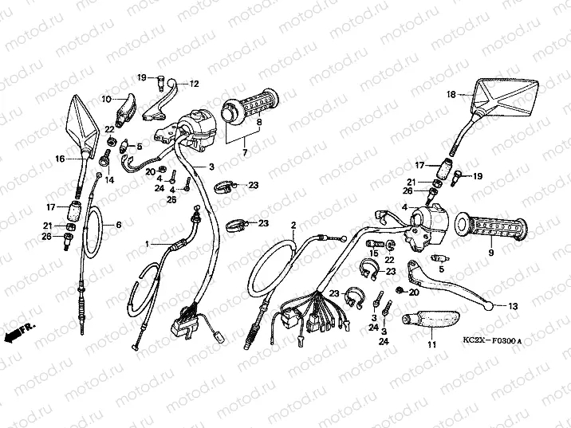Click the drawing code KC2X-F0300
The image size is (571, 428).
[492, 340]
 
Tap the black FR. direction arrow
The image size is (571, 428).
[19, 332]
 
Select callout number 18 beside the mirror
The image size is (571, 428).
[451, 95]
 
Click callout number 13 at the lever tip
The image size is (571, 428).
[513, 306]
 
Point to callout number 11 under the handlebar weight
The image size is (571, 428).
[431, 344]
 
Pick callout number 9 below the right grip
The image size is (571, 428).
[491, 252]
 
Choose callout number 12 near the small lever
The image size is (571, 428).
[195, 84]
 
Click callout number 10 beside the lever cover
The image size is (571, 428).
[106, 99]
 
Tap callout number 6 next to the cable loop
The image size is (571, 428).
[118, 226]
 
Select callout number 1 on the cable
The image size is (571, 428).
[147, 244]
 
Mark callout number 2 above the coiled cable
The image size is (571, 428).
[293, 226]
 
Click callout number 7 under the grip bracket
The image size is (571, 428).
[245, 152]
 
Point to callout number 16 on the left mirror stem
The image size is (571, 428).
[60, 159]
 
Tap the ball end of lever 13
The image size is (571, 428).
[489, 306]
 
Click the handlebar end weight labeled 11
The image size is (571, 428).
[430, 319]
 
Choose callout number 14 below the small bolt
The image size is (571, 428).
[109, 180]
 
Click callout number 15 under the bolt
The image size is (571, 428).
[374, 253]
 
